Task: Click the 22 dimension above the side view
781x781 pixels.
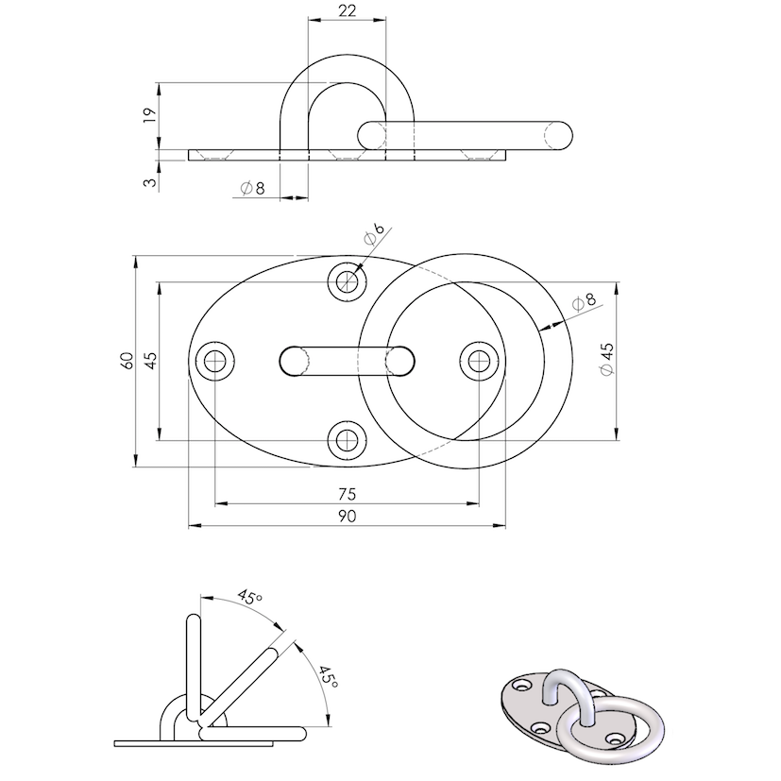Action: coord(346,11)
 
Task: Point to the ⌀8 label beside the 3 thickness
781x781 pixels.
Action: coord(252,189)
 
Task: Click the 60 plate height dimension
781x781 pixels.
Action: coord(127,360)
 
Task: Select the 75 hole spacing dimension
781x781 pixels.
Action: coord(346,493)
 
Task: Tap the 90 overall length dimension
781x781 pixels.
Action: coord(346,516)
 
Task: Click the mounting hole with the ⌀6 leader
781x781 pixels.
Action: coord(348,280)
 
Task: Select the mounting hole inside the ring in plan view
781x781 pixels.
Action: coord(479,360)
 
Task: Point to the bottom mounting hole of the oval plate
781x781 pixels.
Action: coord(348,438)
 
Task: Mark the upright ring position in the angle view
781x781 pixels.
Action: coord(194,661)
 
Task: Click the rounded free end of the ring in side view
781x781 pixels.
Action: coord(559,135)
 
